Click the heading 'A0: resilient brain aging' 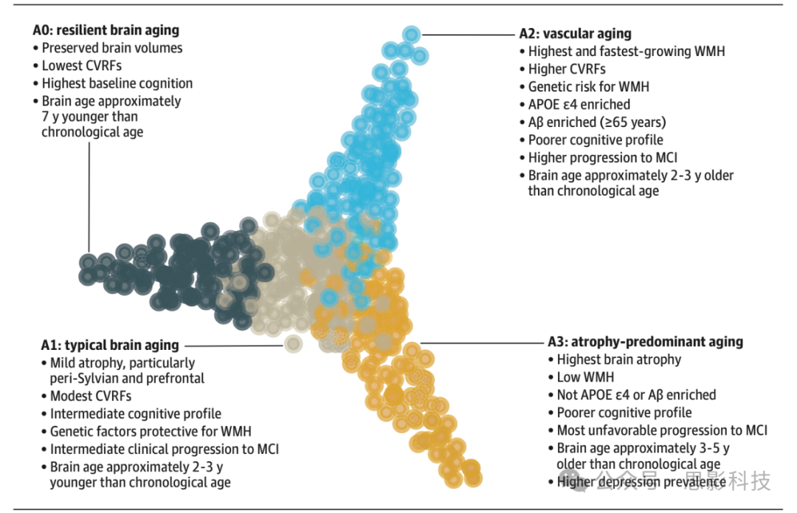[x=106, y=30]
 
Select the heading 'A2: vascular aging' [x=575, y=33]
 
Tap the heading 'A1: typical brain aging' [x=110, y=345]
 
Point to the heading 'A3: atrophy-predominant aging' [x=645, y=342]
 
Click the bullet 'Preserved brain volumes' [x=111, y=48]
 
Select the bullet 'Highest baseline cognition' [x=117, y=83]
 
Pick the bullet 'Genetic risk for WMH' [x=588, y=86]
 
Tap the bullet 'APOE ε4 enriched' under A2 [x=579, y=104]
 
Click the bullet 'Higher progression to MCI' [x=602, y=157]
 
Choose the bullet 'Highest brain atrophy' [x=618, y=359]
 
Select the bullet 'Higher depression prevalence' [x=641, y=482]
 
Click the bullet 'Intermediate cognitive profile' [x=135, y=413]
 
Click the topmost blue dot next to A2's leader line [x=412, y=34]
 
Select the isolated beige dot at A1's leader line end [x=293, y=343]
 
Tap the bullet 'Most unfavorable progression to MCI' [x=662, y=430]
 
